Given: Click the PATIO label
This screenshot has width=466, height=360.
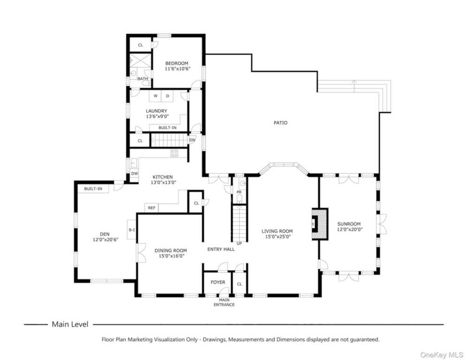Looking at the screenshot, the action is [280, 122].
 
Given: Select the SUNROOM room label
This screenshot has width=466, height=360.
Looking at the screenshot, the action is [349, 224].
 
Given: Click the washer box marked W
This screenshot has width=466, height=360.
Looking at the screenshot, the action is [155, 96].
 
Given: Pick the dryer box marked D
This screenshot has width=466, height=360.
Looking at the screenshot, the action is [167, 96].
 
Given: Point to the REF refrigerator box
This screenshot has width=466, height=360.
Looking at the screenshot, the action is [151, 208].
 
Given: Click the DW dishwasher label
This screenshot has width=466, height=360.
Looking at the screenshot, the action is [135, 173].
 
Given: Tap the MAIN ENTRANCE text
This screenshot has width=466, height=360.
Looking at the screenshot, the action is [224, 302].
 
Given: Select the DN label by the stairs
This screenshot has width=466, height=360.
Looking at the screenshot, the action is [192, 140].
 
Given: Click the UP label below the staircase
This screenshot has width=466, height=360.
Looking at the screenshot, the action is [239, 243].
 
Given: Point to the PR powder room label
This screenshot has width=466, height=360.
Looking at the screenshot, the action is [239, 192].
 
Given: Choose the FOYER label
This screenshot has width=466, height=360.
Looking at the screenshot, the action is [218, 282].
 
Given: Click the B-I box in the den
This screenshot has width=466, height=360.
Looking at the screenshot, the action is [132, 230].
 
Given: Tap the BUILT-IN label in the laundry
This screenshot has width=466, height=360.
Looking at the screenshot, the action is [167, 127].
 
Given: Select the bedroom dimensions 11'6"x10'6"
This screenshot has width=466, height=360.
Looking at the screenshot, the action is [177, 68].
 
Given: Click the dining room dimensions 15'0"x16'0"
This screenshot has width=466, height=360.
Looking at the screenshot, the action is [172, 256].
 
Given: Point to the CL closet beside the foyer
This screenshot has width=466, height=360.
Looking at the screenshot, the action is [240, 284].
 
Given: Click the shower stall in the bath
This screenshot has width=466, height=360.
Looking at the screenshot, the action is [140, 60].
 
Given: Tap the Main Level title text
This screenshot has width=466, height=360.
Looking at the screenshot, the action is [70, 324].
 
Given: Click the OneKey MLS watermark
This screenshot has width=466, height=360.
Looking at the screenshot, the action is [442, 355].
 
